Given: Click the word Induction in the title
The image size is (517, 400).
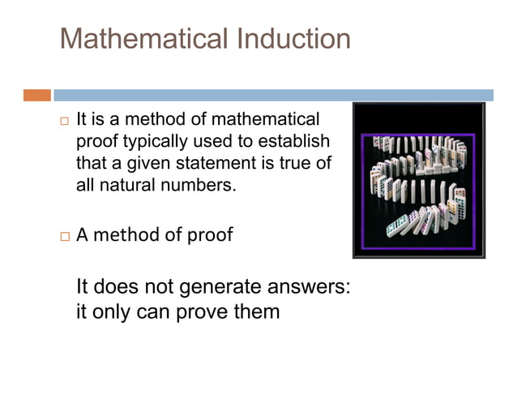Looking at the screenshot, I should point(294,39).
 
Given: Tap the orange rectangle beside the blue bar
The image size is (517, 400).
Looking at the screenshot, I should point(36,95).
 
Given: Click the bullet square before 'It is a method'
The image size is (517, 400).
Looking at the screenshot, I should point(65,121).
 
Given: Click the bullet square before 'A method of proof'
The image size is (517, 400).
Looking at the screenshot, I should point(65,237).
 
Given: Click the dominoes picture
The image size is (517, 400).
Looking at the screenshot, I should point(418,180).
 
